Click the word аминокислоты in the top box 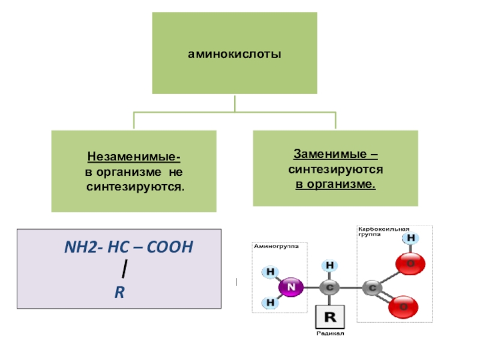click(235, 55)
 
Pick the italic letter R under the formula click(119, 293)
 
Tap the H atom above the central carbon click(329, 265)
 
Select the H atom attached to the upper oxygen click(411, 238)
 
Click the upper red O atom click(411, 263)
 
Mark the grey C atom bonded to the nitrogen click(329, 287)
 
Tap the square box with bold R click(329, 316)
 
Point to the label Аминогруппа click(275, 245)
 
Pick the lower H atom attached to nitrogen click(270, 302)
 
